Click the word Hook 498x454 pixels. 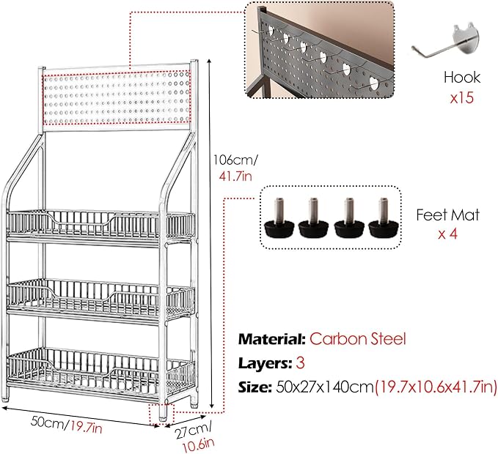coord(462,78)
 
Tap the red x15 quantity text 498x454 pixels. coord(462,97)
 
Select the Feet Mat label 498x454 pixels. coord(447,215)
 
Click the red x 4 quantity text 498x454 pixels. coord(448,234)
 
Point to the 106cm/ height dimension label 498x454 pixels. coord(235,160)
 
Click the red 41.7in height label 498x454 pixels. coord(235,176)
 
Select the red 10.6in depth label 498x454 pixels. coord(198,446)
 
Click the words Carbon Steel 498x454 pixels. coord(358,339)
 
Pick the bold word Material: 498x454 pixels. coord(272,339)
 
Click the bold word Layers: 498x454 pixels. coord(266,363)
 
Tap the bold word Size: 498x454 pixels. coord(255,387)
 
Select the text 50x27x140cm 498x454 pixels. coord(325,387)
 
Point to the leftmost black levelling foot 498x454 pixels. coord(279,217)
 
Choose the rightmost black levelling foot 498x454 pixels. coord(384,217)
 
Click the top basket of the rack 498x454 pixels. coord(100,226)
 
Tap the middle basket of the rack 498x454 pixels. coord(100,297)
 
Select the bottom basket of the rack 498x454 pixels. coord(100,368)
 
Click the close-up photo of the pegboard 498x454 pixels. coord(320,50)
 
